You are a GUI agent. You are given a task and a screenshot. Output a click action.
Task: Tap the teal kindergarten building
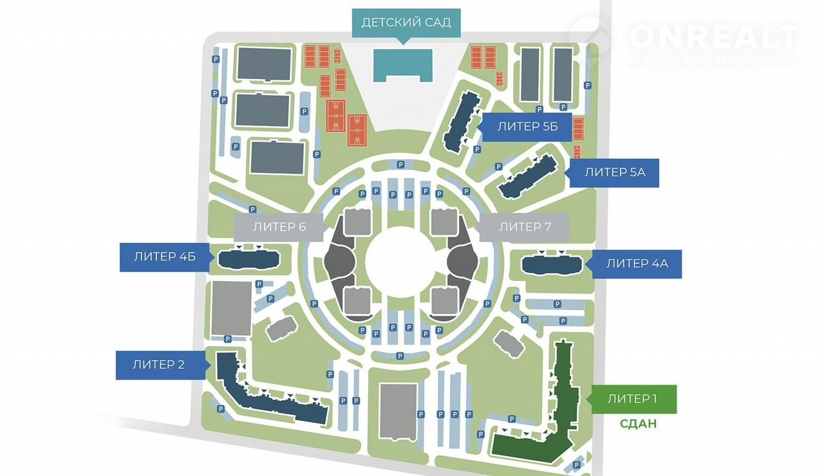402,63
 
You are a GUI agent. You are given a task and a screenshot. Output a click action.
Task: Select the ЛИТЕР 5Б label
526,127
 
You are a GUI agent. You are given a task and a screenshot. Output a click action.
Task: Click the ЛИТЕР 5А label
615,172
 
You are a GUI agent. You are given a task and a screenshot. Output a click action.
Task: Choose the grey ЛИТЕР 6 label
279,226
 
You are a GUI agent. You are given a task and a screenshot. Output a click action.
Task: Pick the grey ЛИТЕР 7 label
525,226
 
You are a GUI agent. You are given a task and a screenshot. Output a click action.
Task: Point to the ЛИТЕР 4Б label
164,257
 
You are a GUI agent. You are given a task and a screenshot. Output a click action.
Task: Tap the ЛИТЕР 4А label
637,263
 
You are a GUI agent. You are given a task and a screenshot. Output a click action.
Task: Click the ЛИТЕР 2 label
158,365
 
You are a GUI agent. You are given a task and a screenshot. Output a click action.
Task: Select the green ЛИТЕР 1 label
632,399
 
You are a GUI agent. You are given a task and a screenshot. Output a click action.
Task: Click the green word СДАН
638,425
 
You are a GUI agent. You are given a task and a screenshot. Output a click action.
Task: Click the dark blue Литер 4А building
552,264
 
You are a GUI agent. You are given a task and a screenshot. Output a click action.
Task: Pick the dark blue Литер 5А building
529,176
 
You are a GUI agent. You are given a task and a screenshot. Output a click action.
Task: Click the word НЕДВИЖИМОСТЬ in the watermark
713,60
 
